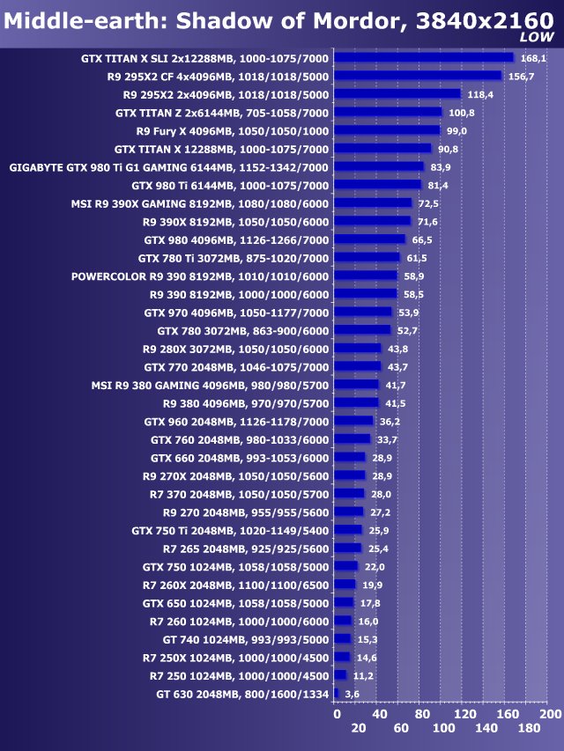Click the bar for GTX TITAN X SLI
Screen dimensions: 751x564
(423, 58)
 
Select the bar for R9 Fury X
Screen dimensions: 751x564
(388, 130)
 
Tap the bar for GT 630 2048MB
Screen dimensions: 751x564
(337, 694)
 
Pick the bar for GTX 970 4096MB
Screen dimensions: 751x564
(363, 313)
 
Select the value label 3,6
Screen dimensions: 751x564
(352, 694)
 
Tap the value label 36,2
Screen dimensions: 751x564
(390, 422)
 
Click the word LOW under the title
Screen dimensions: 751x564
(537, 37)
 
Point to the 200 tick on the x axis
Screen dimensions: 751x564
(550, 713)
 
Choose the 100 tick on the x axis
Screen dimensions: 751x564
(443, 728)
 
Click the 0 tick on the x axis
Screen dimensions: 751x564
(336, 713)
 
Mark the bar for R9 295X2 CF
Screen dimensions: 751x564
(418, 77)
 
